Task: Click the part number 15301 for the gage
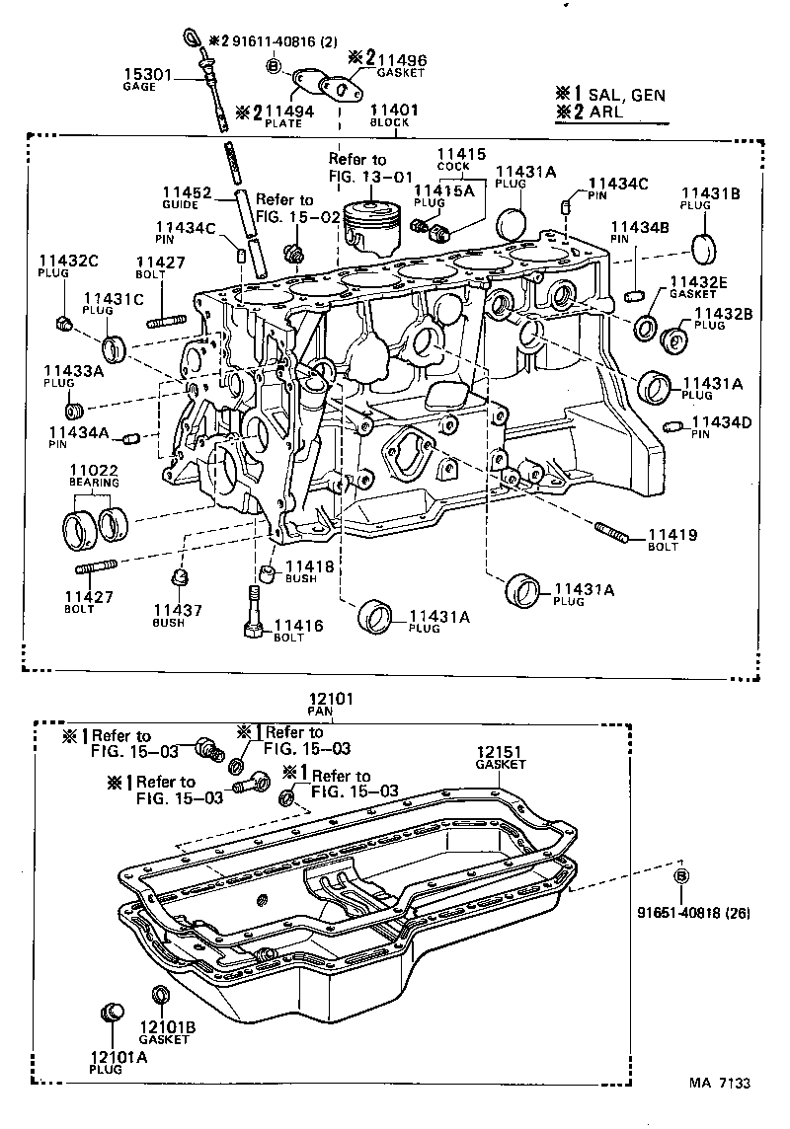(144, 74)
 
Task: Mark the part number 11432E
(698, 281)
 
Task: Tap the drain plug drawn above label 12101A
(112, 1014)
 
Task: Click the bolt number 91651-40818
(678, 913)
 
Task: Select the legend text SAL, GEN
(626, 95)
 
